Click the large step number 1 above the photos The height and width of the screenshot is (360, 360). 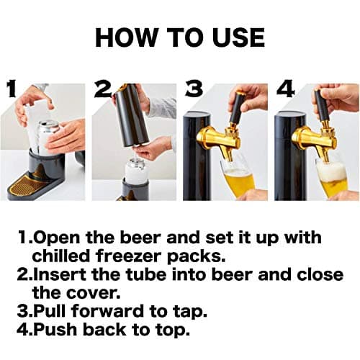12,90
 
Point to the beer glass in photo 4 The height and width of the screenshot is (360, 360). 332,176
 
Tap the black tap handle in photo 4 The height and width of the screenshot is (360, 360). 321,104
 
